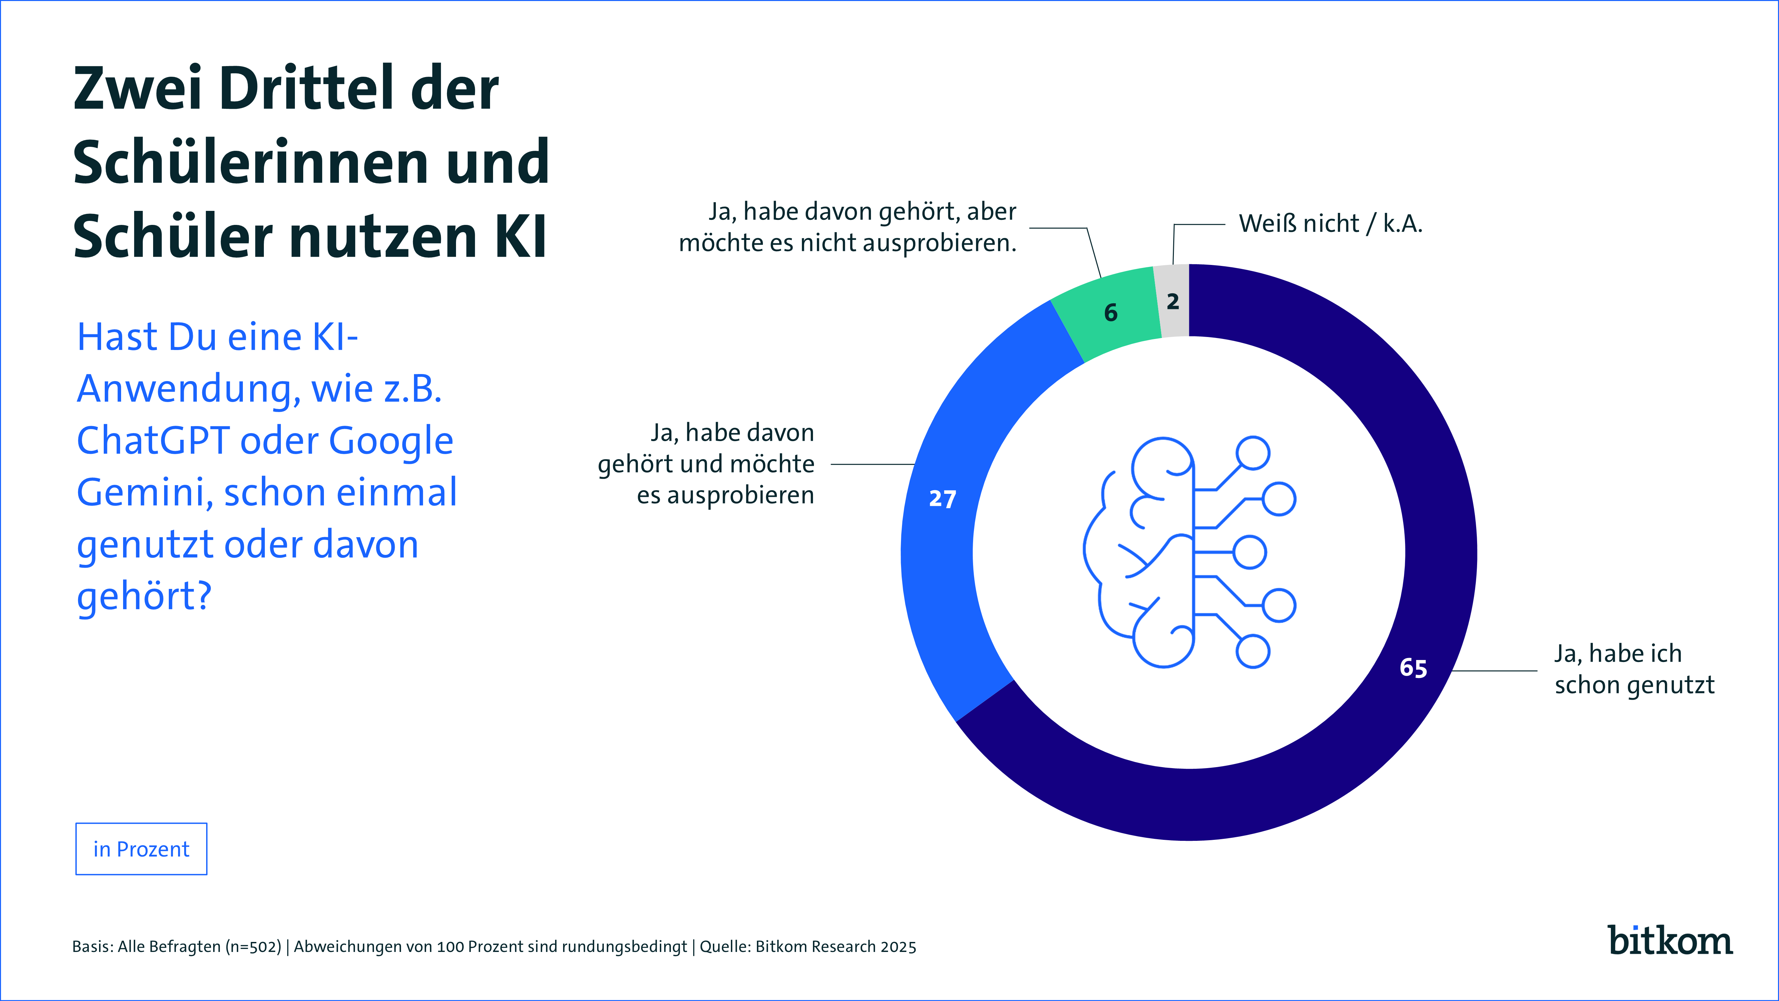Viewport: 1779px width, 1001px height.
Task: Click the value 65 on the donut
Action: coord(1413,668)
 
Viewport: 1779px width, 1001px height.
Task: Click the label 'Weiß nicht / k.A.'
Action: coord(1330,224)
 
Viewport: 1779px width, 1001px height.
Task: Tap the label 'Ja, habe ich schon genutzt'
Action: coord(1634,669)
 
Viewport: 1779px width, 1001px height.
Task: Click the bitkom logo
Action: coord(1670,941)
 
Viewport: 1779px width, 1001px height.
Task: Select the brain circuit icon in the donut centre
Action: coord(1189,553)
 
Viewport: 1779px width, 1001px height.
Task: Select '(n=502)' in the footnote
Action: coord(254,946)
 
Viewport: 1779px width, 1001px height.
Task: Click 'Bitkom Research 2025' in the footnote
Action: coord(836,946)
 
